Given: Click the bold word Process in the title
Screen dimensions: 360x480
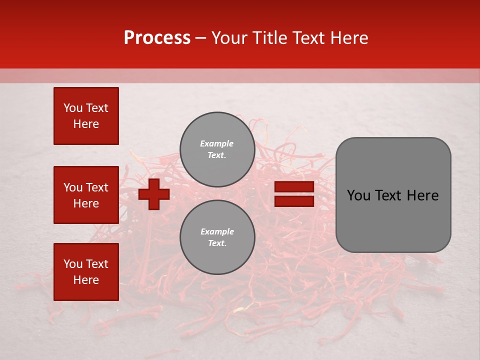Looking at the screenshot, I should click(x=157, y=38).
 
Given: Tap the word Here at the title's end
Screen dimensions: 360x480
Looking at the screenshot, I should click(x=347, y=38).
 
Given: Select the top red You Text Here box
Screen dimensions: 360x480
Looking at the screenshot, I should click(x=86, y=116).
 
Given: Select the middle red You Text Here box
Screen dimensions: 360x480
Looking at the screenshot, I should click(x=86, y=195).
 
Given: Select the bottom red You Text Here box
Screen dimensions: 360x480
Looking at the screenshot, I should click(x=86, y=272).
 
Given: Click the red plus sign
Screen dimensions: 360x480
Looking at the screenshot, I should click(x=154, y=194).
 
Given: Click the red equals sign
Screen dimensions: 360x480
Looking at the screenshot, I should click(x=294, y=194).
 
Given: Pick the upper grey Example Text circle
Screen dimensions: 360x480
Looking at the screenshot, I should click(x=217, y=149).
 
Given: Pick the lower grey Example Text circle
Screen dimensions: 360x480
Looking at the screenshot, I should click(x=217, y=237).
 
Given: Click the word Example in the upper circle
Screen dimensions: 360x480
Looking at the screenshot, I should click(x=217, y=143).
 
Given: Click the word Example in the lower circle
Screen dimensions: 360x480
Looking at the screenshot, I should click(x=217, y=231).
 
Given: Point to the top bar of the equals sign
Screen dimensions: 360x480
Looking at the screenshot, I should click(x=294, y=187).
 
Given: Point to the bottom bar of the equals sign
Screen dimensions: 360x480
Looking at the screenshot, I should click(x=294, y=201).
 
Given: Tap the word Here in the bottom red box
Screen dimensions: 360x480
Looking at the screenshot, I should click(x=86, y=280).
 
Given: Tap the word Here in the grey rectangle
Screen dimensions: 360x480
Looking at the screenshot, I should click(x=423, y=195).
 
